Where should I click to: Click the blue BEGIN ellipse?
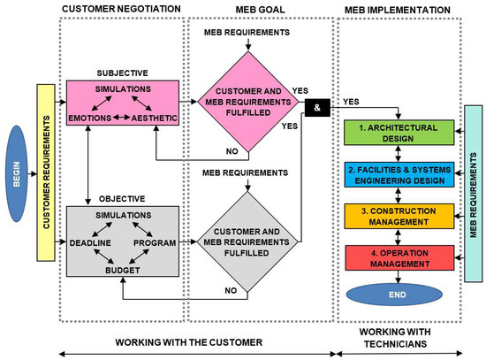pyautogui.click(x=17, y=173)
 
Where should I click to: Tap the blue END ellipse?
pyautogui.click(x=394, y=295)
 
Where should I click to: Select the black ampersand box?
pyautogui.click(x=317, y=108)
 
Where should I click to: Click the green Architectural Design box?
pyautogui.click(x=399, y=133)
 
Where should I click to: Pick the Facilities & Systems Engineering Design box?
pyautogui.click(x=399, y=174)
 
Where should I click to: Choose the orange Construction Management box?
pyautogui.click(x=399, y=217)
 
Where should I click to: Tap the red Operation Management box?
pyautogui.click(x=399, y=258)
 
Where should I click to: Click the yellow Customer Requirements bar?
pyautogui.click(x=46, y=172)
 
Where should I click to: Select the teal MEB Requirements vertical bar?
pyautogui.click(x=474, y=194)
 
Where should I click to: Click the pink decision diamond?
pyautogui.click(x=248, y=102)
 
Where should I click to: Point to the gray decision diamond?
pyautogui.click(x=247, y=241)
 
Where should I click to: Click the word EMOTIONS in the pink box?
pyautogui.click(x=90, y=118)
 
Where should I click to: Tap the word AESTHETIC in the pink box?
pyautogui.click(x=155, y=118)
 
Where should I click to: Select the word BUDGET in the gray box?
pyautogui.click(x=123, y=271)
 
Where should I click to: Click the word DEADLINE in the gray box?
pyautogui.click(x=90, y=242)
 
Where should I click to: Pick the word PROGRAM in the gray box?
pyautogui.click(x=155, y=242)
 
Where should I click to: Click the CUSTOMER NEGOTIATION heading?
pyautogui.click(x=121, y=9)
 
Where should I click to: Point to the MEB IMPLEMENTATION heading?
pyautogui.click(x=398, y=10)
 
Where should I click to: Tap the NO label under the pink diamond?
pyautogui.click(x=232, y=151)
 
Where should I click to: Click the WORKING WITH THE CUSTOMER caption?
pyautogui.click(x=189, y=342)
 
